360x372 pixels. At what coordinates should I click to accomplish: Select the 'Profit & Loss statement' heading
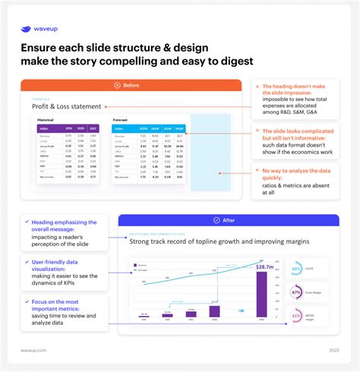(x=66, y=106)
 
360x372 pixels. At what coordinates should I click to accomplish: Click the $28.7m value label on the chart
(x=266, y=266)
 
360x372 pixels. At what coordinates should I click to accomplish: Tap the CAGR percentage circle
(x=295, y=269)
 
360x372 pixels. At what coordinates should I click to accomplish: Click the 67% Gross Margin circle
(x=295, y=292)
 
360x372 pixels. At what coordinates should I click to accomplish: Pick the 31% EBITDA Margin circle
(x=295, y=315)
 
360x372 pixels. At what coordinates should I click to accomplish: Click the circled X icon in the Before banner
(x=115, y=85)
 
